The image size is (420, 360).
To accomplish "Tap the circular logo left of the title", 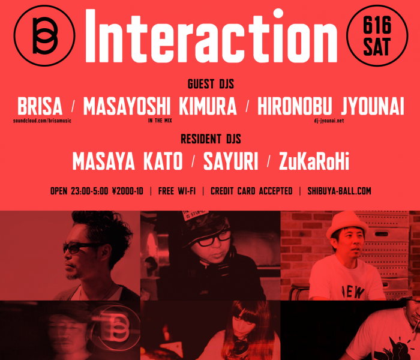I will pos(44,35).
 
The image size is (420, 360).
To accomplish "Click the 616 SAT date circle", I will pos(377,35).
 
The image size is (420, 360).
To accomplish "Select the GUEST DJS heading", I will pos(211,84).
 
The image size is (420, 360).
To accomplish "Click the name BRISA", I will pos(40,107).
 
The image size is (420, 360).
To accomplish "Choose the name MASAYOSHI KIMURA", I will pos(160,107).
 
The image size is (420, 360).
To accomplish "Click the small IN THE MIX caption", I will pos(160,121).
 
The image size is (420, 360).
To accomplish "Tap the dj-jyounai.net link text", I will pos(328,121).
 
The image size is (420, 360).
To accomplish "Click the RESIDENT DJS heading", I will pos(211,140).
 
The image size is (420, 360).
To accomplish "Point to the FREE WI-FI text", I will pos(176,191).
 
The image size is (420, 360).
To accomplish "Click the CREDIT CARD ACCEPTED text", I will pos(252,191).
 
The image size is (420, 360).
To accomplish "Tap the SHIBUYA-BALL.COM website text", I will pos(339,191).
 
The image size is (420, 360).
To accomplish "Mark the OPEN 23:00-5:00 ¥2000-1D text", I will pos(97,191).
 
